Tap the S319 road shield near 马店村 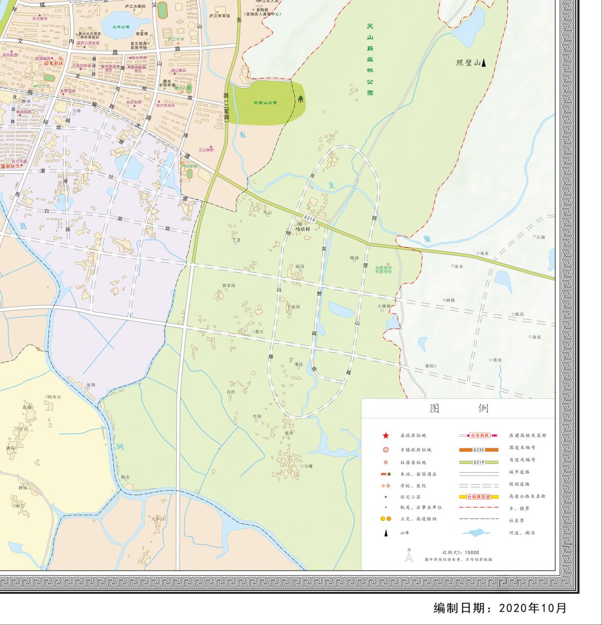tap(310, 219)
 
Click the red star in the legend tap(385, 435)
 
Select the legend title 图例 tap(459, 408)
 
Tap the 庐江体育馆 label tap(219, 16)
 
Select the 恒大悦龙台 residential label tap(166, 105)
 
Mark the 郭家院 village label tap(229, 286)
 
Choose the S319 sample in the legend tap(478, 462)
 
